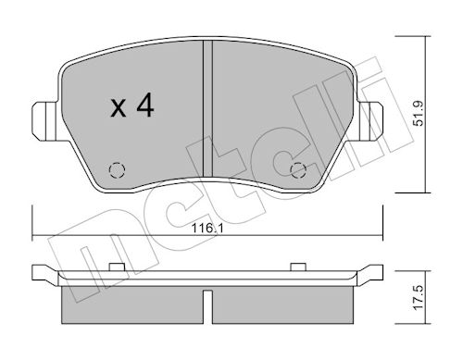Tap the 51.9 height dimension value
point(419,114)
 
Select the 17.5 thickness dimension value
point(419,298)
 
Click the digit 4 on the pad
point(145,105)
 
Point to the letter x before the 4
point(119,108)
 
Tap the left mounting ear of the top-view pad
point(44,121)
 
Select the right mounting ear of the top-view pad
point(370,121)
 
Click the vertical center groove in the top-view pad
point(207,108)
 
